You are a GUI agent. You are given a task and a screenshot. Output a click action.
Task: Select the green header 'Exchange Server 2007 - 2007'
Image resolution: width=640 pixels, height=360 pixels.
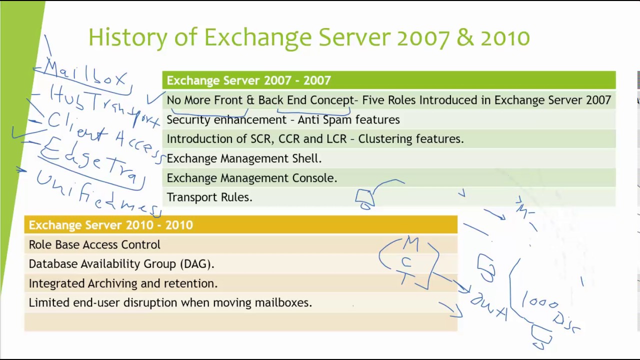pos(248,80)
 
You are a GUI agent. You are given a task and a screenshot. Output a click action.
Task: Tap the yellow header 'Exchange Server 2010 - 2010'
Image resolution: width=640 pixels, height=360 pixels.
pos(110,225)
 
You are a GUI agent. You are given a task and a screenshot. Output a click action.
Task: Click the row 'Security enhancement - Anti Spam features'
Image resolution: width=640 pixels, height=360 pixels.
pos(283,119)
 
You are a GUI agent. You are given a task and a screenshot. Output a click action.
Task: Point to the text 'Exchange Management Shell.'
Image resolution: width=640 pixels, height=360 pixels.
pos(244,158)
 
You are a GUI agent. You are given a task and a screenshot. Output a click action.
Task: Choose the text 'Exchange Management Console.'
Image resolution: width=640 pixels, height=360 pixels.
pos(251,178)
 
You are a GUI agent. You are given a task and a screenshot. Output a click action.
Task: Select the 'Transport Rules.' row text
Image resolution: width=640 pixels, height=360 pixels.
pos(209,197)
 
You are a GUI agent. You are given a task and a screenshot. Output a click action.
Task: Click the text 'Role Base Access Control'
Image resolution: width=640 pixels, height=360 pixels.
pos(94,244)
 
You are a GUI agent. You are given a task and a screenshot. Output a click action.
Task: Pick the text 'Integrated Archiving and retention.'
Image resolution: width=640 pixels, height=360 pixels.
pos(123,283)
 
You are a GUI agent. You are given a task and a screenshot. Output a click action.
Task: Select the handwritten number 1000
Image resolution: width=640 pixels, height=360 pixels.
pos(540,303)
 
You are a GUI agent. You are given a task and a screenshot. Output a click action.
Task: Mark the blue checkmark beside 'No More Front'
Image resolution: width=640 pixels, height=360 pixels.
pos(155,98)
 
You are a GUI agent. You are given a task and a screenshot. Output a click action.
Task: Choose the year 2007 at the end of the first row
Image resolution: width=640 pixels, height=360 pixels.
pos(598,100)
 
